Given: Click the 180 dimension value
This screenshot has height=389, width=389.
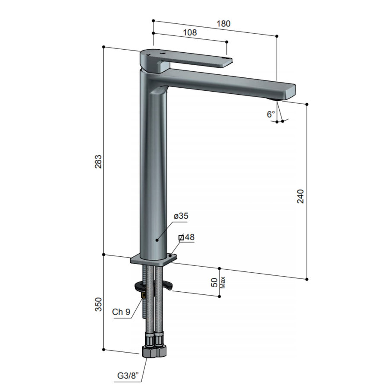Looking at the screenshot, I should click(223, 24).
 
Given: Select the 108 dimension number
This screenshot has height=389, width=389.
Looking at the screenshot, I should click(190, 32).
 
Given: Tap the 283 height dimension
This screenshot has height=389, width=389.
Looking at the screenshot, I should click(99, 162).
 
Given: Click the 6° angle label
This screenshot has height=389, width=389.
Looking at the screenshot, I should click(271, 114).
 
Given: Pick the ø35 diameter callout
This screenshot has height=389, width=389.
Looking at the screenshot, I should click(181, 216).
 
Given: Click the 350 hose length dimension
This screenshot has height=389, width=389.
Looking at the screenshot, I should click(99, 304).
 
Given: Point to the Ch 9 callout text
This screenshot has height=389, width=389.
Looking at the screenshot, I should click(121, 312).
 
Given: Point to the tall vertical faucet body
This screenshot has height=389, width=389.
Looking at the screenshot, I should click(153, 173).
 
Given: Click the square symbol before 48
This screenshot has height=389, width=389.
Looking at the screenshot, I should click(182, 237).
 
